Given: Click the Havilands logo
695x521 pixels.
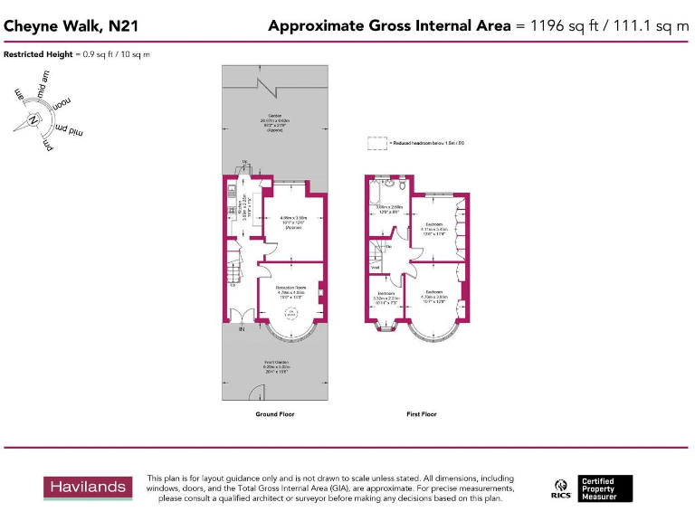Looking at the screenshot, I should coord(88,488).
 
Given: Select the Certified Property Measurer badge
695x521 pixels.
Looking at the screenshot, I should coord(605,488).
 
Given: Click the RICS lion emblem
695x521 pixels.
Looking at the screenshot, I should coord(560,485).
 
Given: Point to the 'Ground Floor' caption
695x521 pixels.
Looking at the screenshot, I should coord(274,414).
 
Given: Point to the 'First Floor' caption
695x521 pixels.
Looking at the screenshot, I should coord(422,414).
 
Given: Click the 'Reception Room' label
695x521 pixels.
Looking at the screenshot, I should coord(291,287).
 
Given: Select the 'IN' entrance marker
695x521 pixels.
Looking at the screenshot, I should coord(242,330).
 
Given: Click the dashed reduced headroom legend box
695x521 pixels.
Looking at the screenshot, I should coord(376,143).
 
